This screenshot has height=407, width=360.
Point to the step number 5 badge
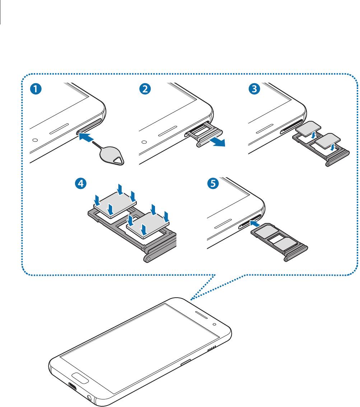212,184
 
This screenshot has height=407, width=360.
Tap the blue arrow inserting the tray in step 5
256,224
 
